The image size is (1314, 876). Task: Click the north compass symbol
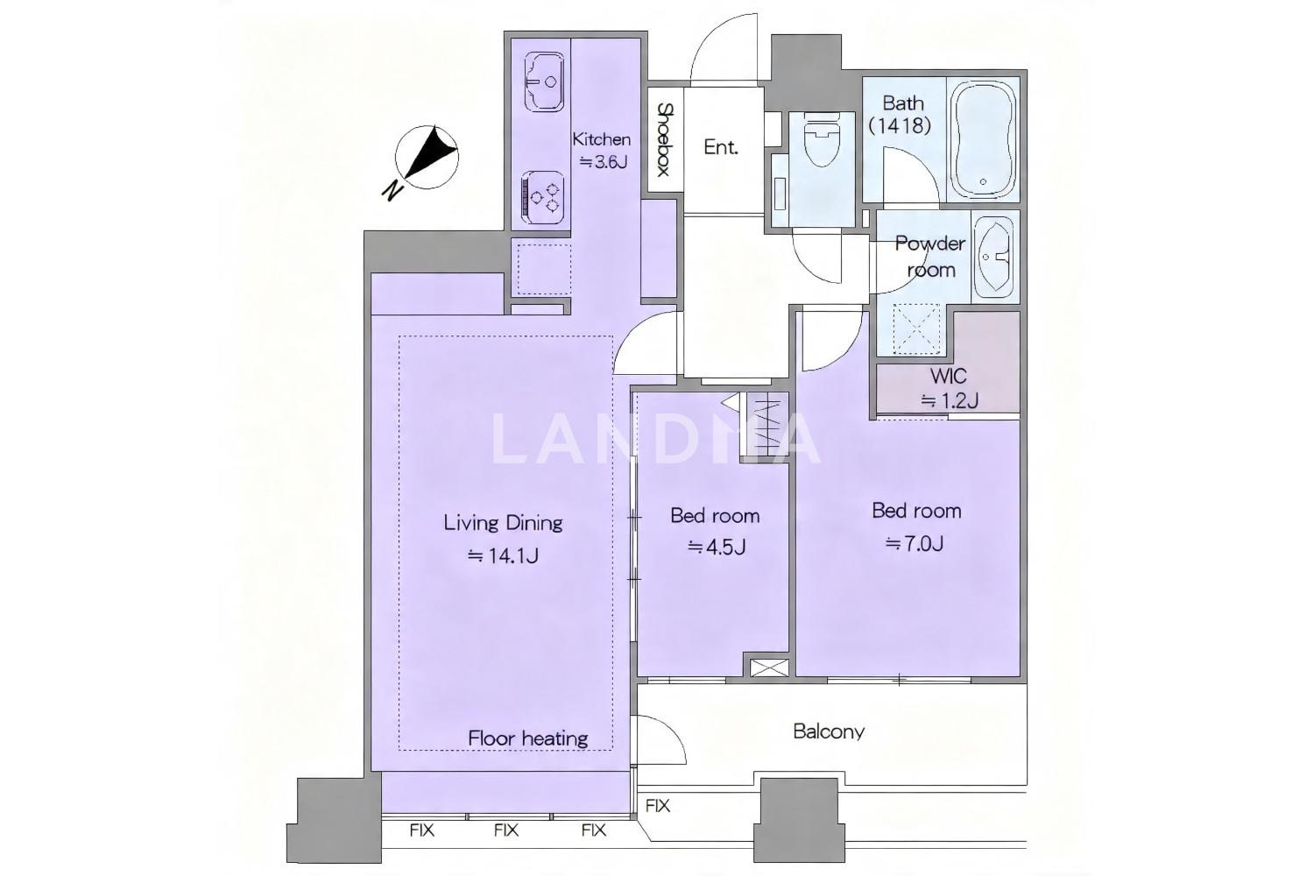coord(427,158)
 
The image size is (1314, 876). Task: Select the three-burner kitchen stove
coord(542,196)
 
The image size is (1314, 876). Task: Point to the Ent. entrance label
coord(720,146)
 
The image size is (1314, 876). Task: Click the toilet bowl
coord(821,140)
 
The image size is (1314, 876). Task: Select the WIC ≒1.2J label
coord(949,388)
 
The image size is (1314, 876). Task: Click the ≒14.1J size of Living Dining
coord(503,555)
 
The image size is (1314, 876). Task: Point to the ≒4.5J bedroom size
coord(717,547)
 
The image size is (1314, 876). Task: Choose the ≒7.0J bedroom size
coord(915,544)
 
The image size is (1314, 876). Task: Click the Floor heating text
coord(528,738)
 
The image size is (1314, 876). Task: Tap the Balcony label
coord(829,731)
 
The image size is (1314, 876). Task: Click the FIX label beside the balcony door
coord(658,806)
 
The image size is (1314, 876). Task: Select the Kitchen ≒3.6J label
coord(602,150)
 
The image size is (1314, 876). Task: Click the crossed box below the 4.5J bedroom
coord(769,668)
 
